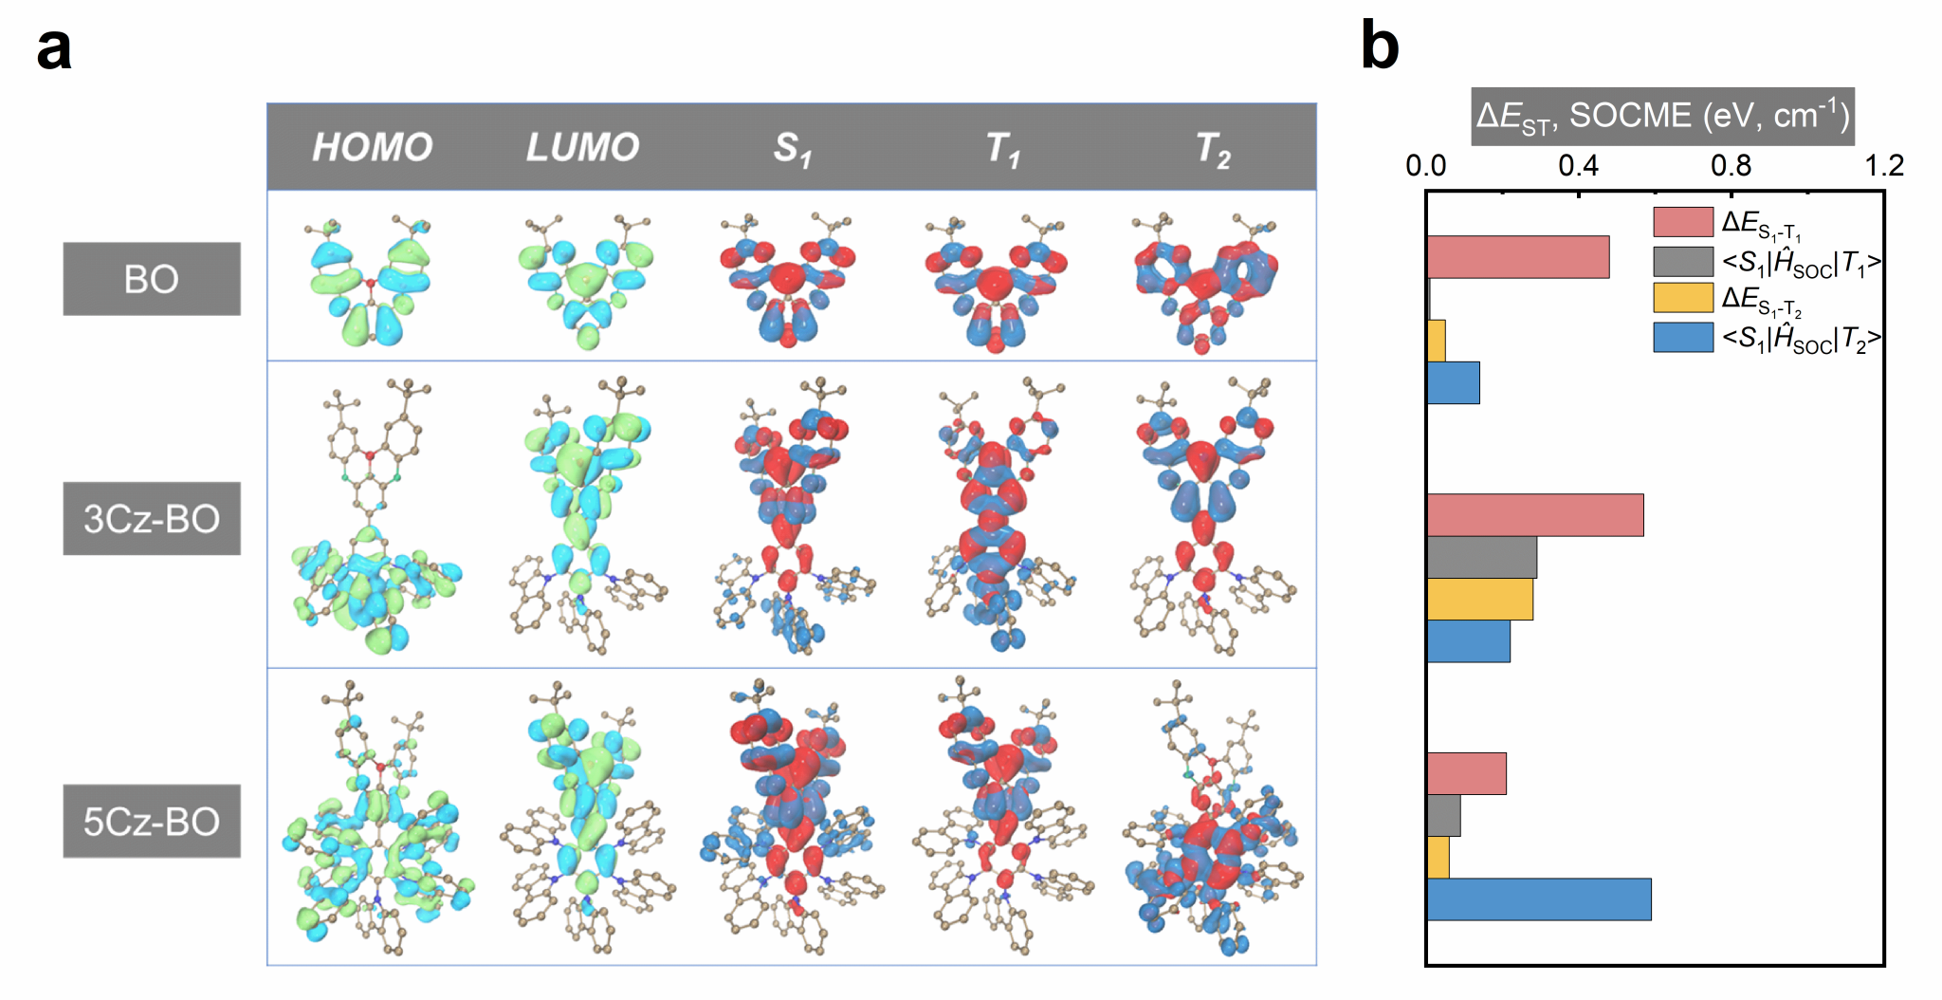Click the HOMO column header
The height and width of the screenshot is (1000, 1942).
pyautogui.click(x=372, y=147)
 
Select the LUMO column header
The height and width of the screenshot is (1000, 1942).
pyautogui.click(x=582, y=147)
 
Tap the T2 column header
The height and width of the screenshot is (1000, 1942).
pyautogui.click(x=1213, y=149)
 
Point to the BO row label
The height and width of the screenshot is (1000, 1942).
pyautogui.click(x=152, y=279)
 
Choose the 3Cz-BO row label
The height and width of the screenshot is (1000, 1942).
pyautogui.click(x=152, y=518)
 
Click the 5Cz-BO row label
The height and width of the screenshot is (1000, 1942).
pyautogui.click(x=152, y=821)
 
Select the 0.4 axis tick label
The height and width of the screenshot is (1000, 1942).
pyautogui.click(x=1578, y=166)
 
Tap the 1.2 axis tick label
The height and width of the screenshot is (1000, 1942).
pyautogui.click(x=1883, y=166)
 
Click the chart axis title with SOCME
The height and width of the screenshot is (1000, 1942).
pyautogui.click(x=1662, y=117)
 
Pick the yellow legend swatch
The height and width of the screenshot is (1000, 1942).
pyautogui.click(x=1682, y=298)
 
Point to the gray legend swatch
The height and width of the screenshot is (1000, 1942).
pyautogui.click(x=1682, y=261)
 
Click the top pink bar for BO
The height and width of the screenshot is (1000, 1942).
pyautogui.click(x=1517, y=257)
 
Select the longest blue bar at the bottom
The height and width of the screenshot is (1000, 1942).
pyautogui.click(x=1538, y=899)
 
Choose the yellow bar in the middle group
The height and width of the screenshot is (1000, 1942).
pyautogui.click(x=1479, y=600)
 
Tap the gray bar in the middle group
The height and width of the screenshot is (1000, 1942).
pyautogui.click(x=1481, y=558)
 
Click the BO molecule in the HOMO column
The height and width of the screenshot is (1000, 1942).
pyautogui.click(x=370, y=281)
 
